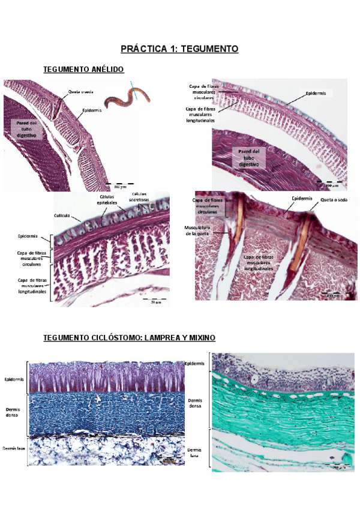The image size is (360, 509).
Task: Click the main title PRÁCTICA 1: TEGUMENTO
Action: click(x=179, y=49)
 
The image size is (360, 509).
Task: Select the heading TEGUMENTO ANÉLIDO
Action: click(x=83, y=70)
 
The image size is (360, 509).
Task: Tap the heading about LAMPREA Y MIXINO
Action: click(x=128, y=339)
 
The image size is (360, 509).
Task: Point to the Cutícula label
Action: click(x=63, y=215)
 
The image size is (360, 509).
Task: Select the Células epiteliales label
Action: click(x=103, y=200)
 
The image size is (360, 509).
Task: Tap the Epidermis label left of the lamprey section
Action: click(x=14, y=379)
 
